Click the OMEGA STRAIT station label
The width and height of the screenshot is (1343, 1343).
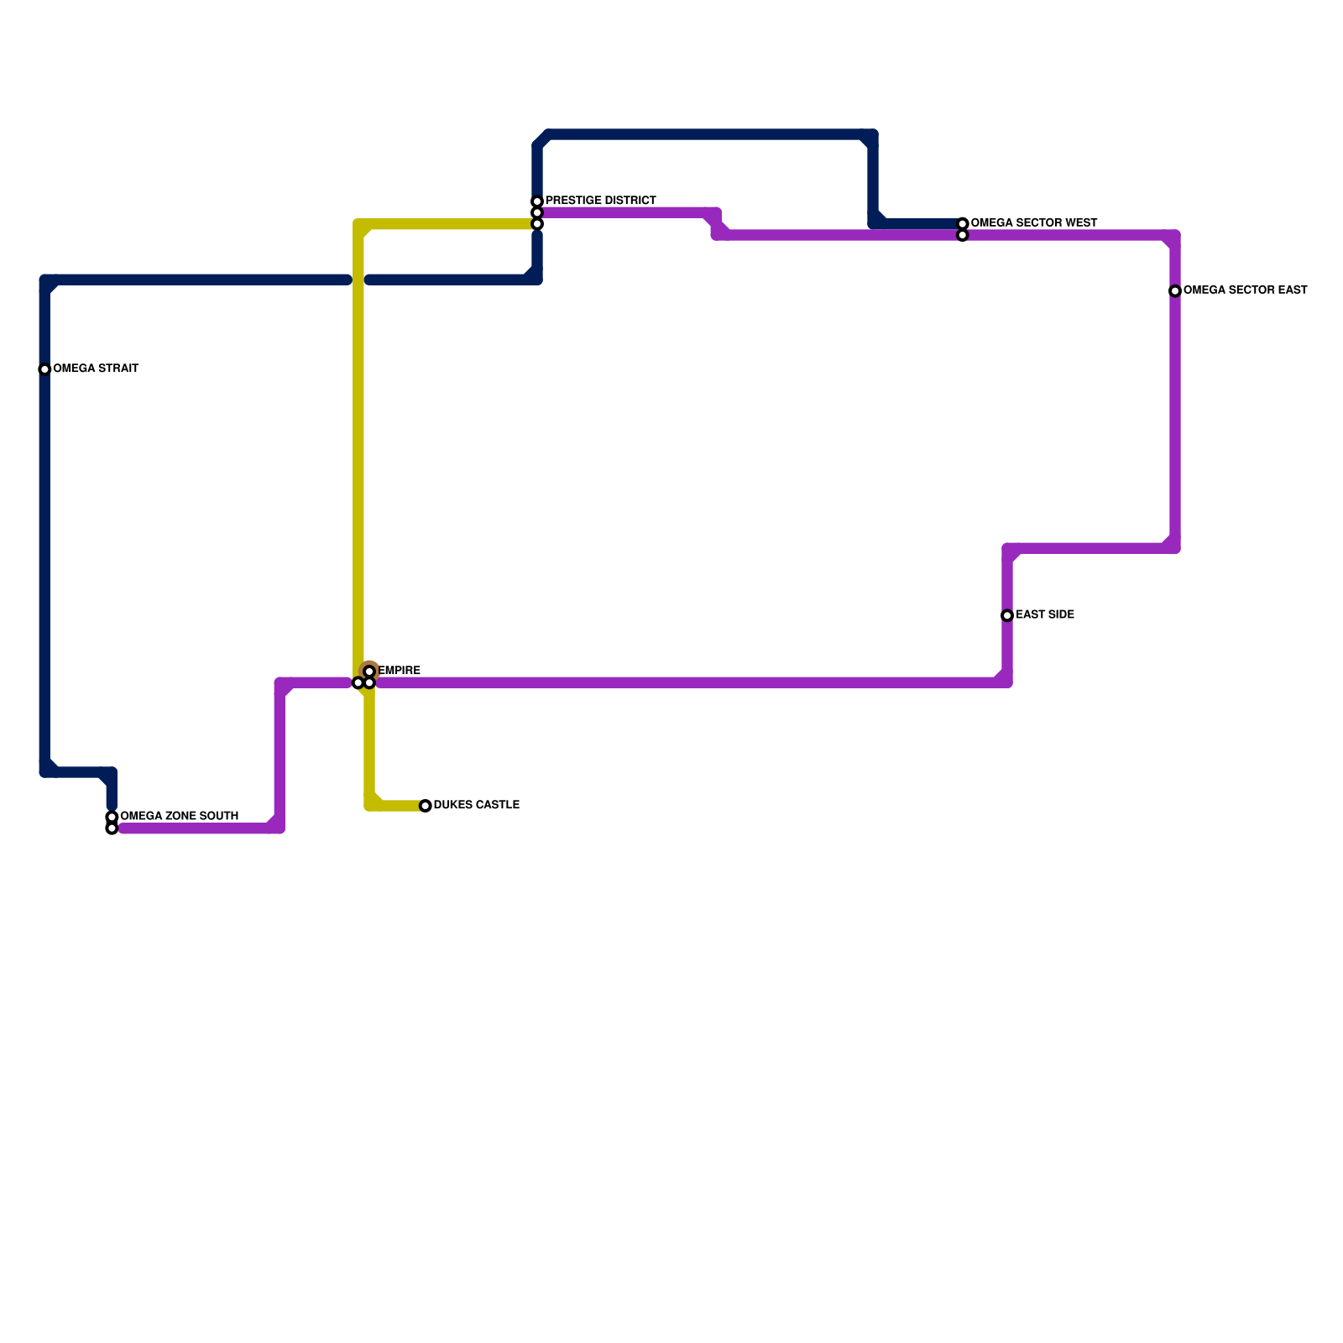[96, 369]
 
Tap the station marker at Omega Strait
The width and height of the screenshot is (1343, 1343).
[45, 369]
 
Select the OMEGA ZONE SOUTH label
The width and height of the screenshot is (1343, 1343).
[179, 817]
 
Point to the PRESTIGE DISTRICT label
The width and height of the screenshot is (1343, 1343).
[600, 201]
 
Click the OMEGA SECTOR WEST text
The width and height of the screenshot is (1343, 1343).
[1033, 223]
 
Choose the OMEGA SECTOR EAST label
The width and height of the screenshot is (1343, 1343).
[1245, 290]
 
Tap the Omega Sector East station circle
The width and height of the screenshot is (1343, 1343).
[1175, 291]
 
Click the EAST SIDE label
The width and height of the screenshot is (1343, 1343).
[1044, 615]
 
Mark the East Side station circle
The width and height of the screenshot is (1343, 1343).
[1007, 616]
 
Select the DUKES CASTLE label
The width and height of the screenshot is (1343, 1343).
[476, 806]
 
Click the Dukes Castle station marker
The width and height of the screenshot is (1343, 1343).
[426, 806]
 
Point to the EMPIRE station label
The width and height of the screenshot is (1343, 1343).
[400, 671]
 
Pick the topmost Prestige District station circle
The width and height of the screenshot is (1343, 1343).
[537, 201]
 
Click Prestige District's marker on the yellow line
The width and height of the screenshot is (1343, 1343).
[537, 224]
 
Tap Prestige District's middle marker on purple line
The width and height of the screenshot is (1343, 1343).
[537, 213]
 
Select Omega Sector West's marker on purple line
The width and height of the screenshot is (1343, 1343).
[963, 236]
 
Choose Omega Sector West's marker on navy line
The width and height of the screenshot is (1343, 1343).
[963, 224]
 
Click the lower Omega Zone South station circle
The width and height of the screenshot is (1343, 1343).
[112, 829]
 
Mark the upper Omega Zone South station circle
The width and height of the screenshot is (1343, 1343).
[112, 818]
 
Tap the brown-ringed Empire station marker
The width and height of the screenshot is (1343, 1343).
[369, 671]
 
